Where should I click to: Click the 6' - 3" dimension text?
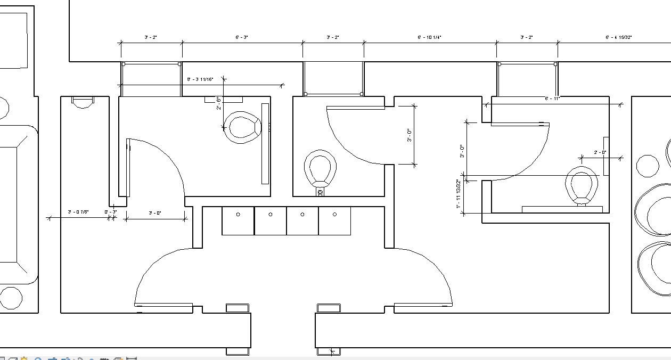coord(242,37)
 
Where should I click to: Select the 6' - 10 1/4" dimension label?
coord(429,37)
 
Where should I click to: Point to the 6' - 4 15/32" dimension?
coord(618,37)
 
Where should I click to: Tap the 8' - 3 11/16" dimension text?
coord(200,79)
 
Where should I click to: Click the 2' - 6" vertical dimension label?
coord(219,104)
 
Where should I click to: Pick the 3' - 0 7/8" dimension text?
coord(78,212)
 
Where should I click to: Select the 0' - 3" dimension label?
coord(110,212)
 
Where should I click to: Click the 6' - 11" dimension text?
coord(552,99)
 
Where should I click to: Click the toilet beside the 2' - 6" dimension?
coord(243,127)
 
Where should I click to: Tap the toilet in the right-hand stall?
coord(581,185)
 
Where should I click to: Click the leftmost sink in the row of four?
coord(238,220)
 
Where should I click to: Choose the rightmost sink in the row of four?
coord(334,220)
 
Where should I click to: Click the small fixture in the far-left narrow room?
coord(83,102)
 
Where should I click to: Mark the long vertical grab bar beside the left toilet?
coord(265,144)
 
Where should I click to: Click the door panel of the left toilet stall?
coord(128,168)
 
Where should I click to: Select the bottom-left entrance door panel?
coord(163,305)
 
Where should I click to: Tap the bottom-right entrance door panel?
coord(423,305)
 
